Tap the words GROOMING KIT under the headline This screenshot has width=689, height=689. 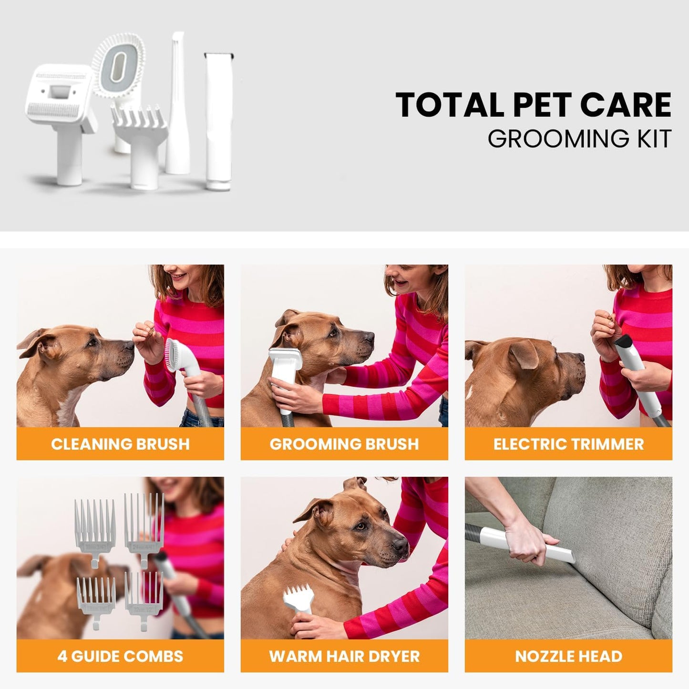point(579,139)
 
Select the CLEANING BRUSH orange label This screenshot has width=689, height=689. point(120,444)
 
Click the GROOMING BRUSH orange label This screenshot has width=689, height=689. point(344,444)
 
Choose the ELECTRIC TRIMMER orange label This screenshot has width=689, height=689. point(568,444)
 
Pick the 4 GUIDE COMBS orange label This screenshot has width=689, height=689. point(120,656)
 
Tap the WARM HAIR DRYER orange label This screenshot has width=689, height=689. point(344,656)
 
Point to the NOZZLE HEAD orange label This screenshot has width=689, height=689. point(568,656)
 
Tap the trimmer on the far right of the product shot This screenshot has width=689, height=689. point(218,119)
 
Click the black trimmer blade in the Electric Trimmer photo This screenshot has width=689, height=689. point(623,341)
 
